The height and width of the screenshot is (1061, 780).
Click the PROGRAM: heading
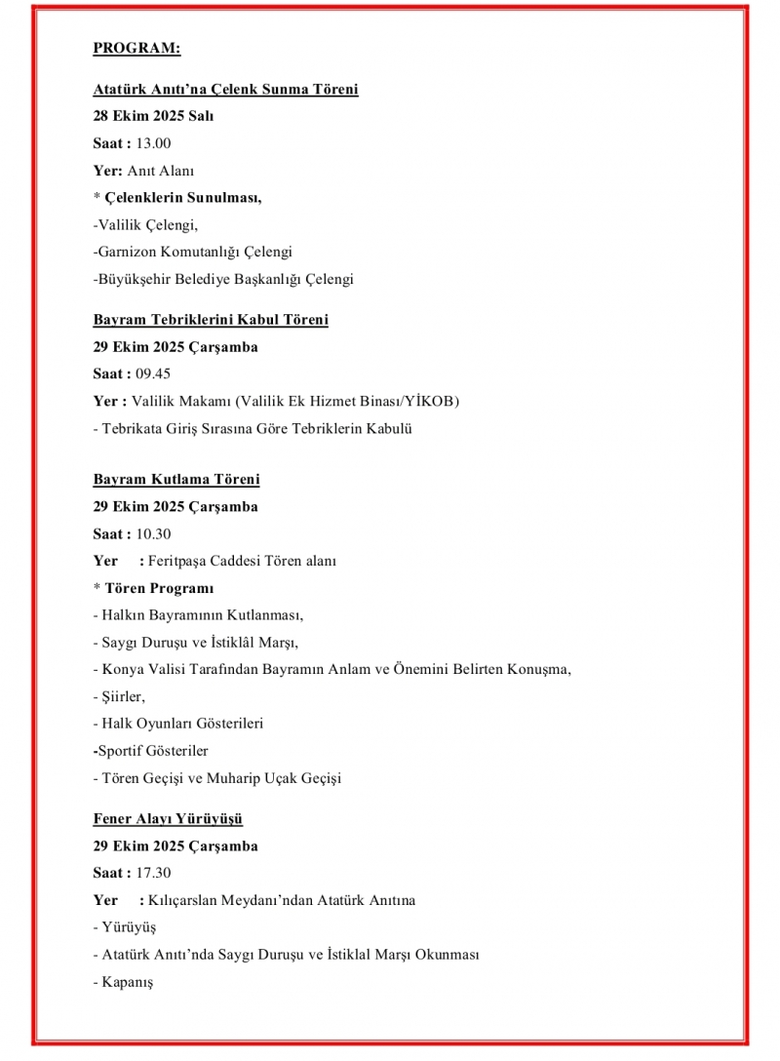point(136,47)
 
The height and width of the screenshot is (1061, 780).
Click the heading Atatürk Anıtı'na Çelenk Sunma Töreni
point(225,90)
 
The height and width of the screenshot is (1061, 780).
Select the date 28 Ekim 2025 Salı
point(153,116)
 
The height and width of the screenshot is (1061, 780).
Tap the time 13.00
point(153,143)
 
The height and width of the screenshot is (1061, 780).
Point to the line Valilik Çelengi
point(146,225)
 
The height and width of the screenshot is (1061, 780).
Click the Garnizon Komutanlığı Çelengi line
point(194,253)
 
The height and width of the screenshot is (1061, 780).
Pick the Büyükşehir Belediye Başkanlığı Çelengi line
point(224,280)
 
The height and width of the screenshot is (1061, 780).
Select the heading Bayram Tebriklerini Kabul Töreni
point(211,320)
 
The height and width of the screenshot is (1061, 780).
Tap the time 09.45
point(153,373)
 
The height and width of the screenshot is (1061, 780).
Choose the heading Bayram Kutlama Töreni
point(176,480)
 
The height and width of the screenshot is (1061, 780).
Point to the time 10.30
point(153,534)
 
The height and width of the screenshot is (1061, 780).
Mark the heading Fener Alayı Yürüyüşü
point(168,819)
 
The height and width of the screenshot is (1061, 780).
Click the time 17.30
point(153,873)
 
